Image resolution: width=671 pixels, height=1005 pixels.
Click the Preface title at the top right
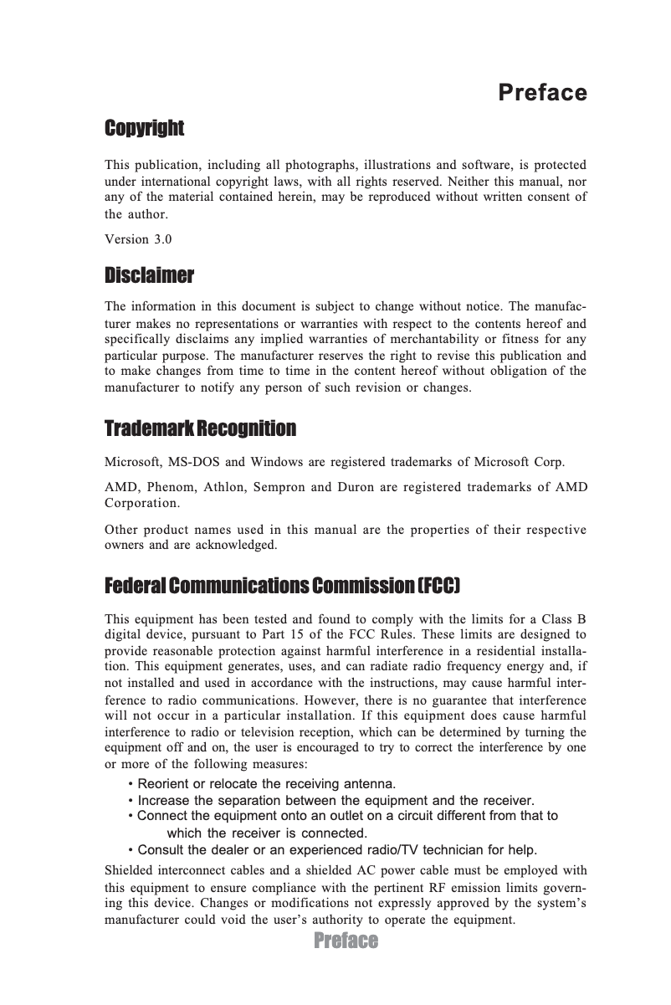542,92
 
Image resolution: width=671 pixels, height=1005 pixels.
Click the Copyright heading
144,129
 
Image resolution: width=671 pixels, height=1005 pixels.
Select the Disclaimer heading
149,275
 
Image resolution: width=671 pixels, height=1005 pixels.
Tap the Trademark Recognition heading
200,429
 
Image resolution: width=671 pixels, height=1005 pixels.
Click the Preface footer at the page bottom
346,941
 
